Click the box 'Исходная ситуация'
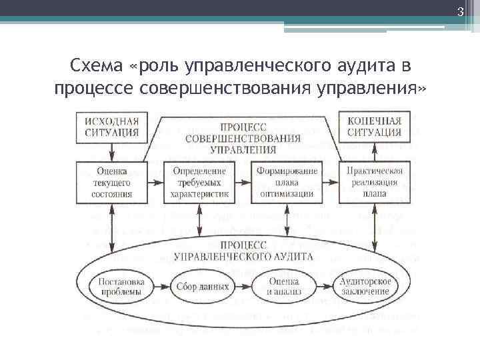click(112, 127)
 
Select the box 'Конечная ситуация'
click(374, 127)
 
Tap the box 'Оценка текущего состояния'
click(112, 182)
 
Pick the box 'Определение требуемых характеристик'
click(199, 182)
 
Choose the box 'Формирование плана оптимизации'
click(286, 182)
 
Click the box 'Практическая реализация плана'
click(374, 182)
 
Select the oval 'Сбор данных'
click(203, 287)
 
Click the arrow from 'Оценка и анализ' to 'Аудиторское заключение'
click(325, 287)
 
